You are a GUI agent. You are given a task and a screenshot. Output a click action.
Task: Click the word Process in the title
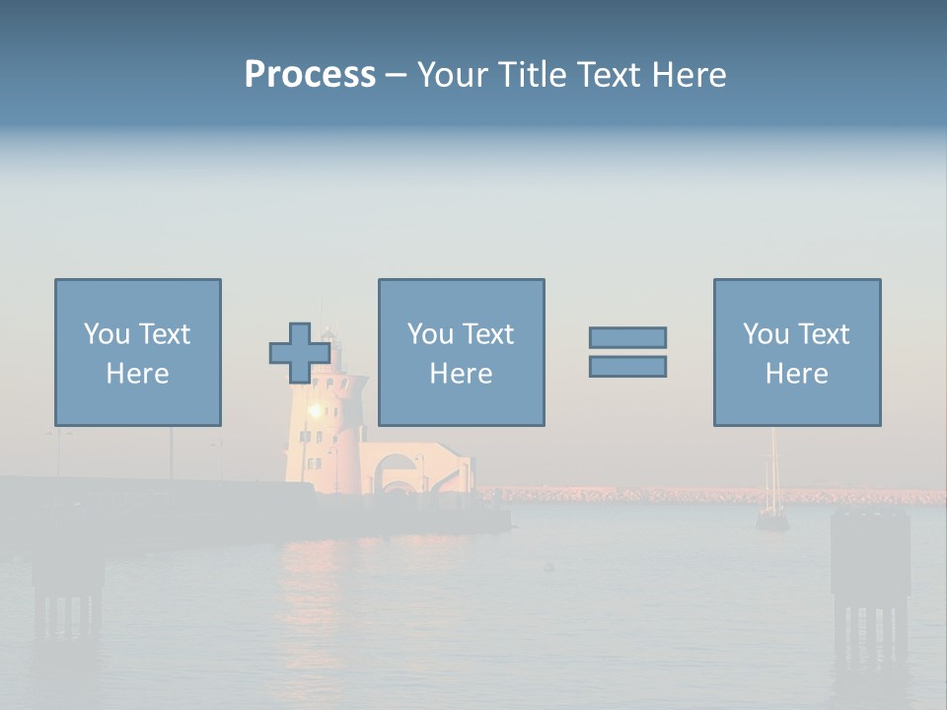coord(310,75)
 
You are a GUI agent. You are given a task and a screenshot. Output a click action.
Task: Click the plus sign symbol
coord(300,353)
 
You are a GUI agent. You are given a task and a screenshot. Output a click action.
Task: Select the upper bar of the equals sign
coord(627,338)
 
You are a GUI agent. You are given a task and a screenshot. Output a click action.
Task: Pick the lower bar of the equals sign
coord(627,366)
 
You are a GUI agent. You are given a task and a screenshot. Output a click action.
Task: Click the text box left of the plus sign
coord(138,352)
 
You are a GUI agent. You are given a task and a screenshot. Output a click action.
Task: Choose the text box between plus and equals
coord(461,352)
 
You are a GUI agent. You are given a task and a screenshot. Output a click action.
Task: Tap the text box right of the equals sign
coord(797,352)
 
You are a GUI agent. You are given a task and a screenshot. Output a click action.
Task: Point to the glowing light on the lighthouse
coord(316,410)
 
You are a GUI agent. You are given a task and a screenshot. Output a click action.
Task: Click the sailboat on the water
coord(772,518)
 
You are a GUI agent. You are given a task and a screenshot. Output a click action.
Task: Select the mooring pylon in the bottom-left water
coord(67,592)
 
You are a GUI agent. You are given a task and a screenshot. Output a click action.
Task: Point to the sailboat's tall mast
coord(773,463)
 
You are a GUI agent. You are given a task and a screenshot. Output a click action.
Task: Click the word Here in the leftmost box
coord(138,374)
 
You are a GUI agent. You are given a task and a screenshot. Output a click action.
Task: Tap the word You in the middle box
coord(430,334)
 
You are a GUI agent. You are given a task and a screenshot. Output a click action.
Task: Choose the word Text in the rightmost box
coord(823,334)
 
